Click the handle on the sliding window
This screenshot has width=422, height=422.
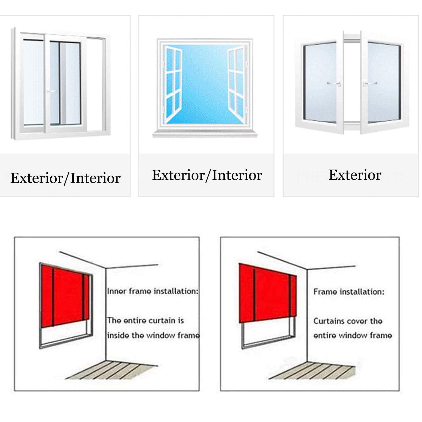pos(52,91)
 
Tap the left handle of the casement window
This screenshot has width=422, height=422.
pos(334,84)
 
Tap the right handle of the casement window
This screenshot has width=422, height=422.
pos(370,84)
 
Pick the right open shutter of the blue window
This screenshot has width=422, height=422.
pos(236,84)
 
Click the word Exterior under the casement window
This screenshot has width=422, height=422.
pos(355,175)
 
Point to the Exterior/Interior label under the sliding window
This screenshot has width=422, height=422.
pos(65,178)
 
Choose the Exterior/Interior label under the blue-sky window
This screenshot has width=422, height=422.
pos(207,175)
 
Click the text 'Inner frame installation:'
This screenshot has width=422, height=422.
pos(153,291)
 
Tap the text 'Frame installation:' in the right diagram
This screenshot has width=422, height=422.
pos(349,292)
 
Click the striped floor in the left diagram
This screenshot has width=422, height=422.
pos(111,370)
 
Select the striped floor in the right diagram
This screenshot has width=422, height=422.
pos(312,370)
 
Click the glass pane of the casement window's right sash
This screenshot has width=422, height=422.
pos(384,83)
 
